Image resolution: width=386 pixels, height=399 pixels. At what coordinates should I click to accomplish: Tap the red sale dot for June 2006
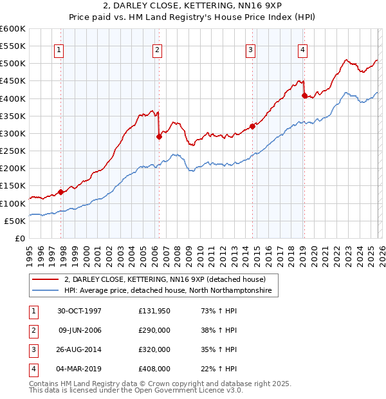click(x=159, y=136)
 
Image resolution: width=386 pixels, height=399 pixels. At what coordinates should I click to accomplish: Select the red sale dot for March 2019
click(x=304, y=95)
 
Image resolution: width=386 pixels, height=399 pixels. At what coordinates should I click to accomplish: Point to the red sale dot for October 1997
click(x=61, y=192)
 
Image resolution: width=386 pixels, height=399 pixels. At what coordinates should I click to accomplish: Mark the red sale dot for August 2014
click(x=253, y=126)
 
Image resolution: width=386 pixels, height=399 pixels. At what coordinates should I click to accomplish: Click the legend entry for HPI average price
click(x=168, y=291)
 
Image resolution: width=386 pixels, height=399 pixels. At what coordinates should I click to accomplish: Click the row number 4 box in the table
click(x=32, y=369)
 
